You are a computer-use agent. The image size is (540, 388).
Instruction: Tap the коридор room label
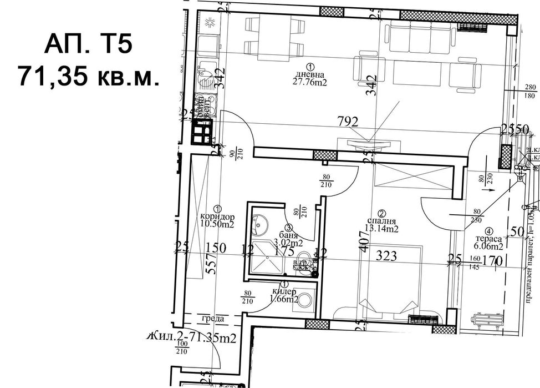[218, 216]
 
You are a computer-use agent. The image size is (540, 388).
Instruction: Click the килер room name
[284, 292]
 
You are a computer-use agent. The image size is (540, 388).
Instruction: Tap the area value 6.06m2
[488, 247]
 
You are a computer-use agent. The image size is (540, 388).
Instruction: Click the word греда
[213, 319]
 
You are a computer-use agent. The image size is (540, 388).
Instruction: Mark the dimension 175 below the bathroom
[284, 251]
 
